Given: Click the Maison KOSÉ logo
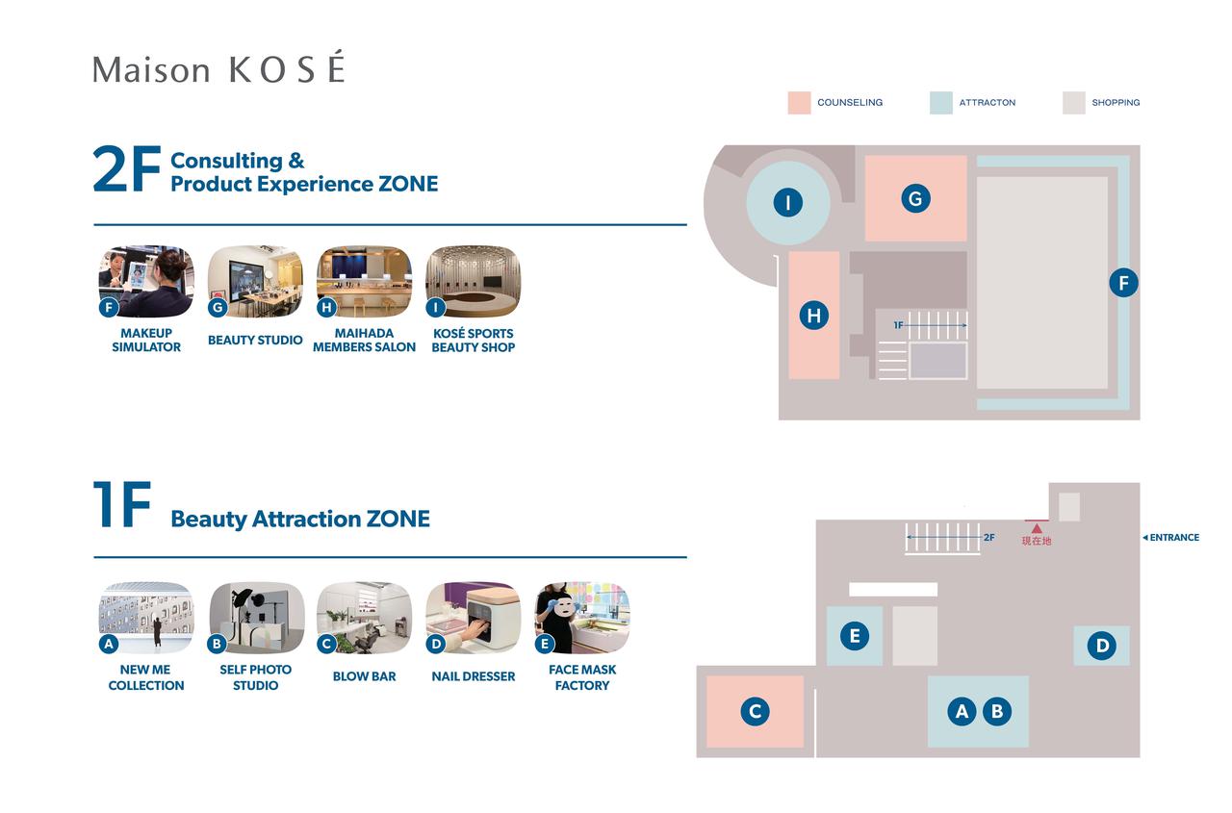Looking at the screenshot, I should click(218, 69).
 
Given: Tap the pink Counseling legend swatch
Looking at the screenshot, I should click(799, 103).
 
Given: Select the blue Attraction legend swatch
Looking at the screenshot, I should click(940, 103).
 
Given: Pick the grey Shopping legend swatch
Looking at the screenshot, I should click(1073, 103).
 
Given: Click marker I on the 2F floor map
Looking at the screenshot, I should click(787, 203).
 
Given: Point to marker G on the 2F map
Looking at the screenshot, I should click(915, 199).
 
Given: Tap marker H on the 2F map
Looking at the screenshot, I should click(814, 316).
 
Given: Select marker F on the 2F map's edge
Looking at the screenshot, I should click(1123, 283).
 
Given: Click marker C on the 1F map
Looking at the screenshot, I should click(756, 711).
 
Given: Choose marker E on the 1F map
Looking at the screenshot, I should click(854, 635).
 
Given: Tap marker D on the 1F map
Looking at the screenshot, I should click(1102, 646).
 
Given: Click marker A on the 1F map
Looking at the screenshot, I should click(962, 711).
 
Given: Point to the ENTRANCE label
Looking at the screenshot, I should click(1173, 538).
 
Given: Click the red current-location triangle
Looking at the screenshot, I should click(1037, 528).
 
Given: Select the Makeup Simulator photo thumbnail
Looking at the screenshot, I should click(146, 281).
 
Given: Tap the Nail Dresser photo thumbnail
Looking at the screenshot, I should click(473, 618).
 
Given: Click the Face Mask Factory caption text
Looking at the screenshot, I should click(582, 677).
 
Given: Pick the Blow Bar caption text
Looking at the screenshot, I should click(364, 676).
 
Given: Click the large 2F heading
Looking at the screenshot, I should click(126, 170).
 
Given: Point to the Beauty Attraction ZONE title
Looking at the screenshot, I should click(300, 519).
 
